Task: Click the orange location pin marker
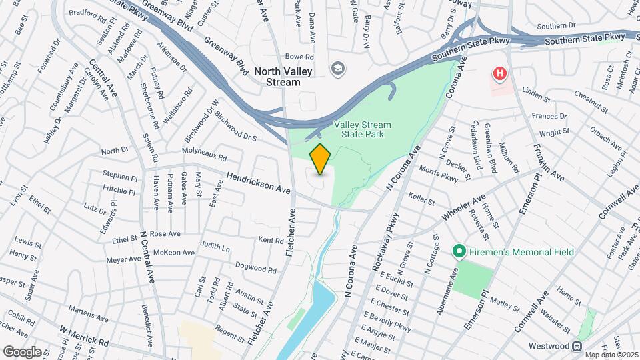click(x=320, y=159)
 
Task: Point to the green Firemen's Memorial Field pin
click(x=458, y=252)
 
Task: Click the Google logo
click(x=22, y=351)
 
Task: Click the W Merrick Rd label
click(x=83, y=335)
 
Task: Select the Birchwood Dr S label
click(x=236, y=127)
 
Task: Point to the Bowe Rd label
click(x=299, y=57)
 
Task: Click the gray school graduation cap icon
click(x=338, y=69)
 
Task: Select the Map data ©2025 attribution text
click(x=610, y=355)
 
